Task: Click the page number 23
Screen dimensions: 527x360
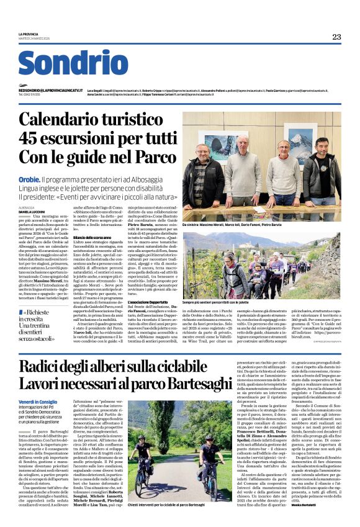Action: point(336,37)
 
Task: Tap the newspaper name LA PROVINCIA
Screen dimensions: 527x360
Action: point(29,34)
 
